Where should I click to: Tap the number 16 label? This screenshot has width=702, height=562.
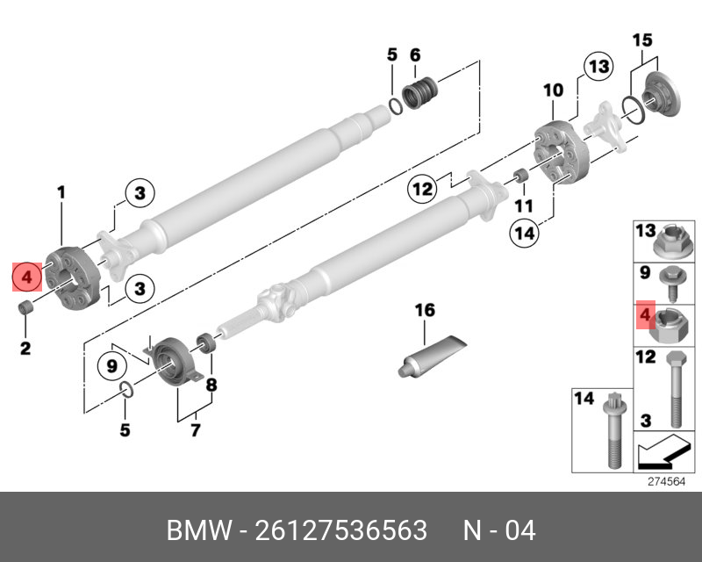[425, 311]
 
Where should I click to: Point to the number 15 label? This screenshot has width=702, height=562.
[642, 40]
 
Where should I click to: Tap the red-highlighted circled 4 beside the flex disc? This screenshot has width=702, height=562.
[27, 278]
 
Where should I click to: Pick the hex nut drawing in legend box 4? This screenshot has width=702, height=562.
[665, 326]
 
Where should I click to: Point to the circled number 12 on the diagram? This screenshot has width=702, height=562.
[423, 189]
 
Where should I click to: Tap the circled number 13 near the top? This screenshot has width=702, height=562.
[598, 67]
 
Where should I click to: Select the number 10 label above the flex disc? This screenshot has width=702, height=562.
[553, 90]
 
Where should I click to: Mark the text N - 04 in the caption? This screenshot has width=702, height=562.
[499, 531]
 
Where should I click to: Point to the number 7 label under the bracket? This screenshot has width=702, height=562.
[195, 430]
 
